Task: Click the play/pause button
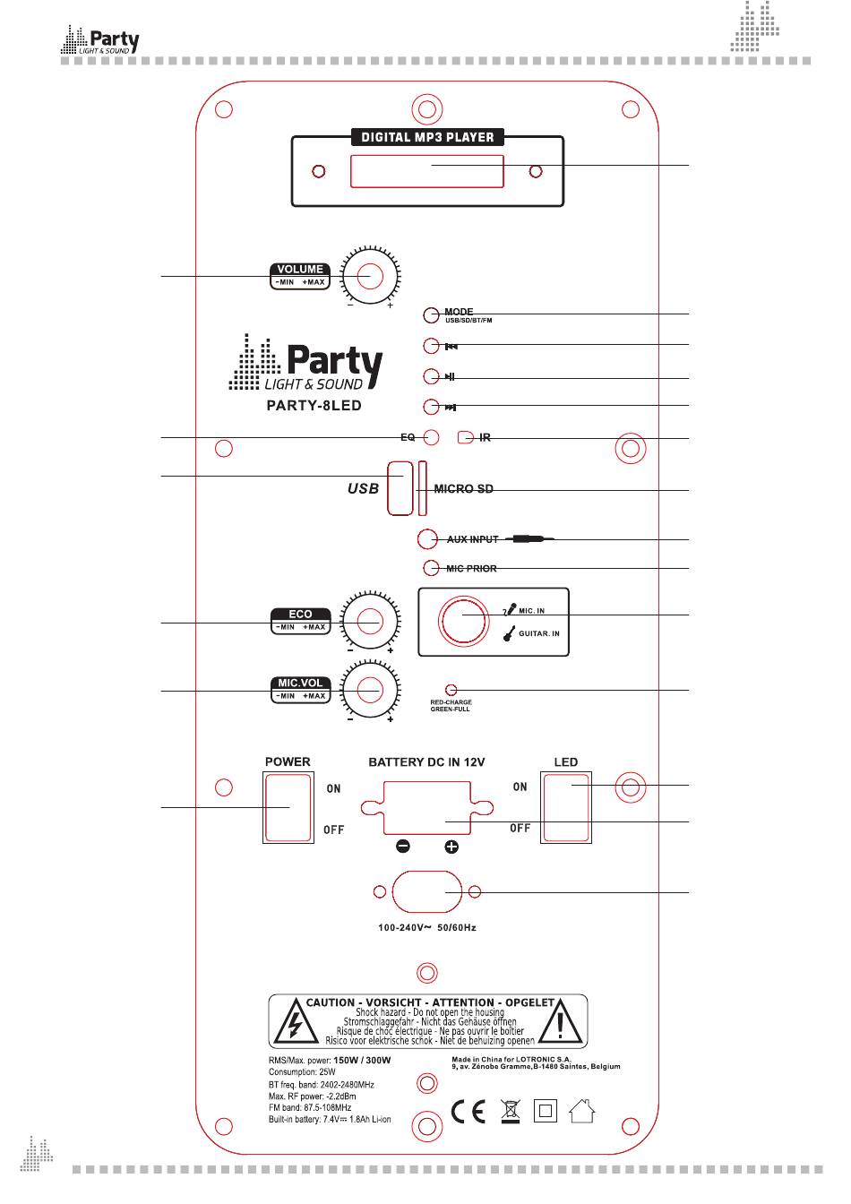click(432, 376)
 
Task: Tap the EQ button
click(431, 437)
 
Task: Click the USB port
click(400, 488)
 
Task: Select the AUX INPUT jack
click(428, 539)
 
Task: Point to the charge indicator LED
click(451, 690)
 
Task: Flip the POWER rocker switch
click(288, 807)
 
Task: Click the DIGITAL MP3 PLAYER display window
click(426, 171)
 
